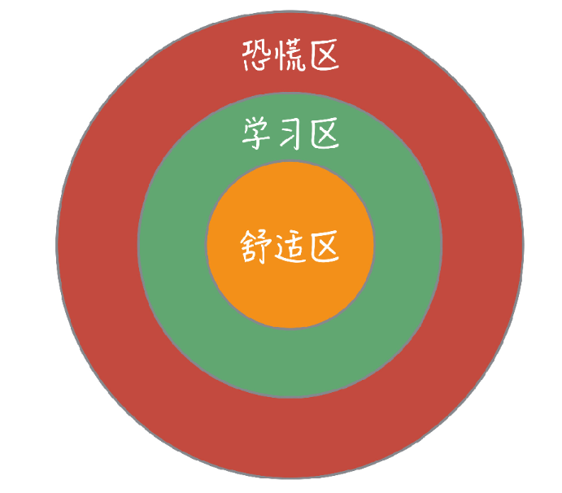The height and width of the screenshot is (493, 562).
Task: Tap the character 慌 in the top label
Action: [x=290, y=56]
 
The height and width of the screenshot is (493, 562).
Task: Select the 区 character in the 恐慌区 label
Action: [x=324, y=56]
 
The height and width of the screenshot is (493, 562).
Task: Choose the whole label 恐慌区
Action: [x=290, y=56]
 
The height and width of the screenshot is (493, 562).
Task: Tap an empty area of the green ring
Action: [x=290, y=358]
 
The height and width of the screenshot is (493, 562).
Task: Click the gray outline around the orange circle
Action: [x=290, y=329]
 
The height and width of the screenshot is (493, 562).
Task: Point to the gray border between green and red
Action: [x=290, y=397]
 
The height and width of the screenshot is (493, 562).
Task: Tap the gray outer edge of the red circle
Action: [x=290, y=478]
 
